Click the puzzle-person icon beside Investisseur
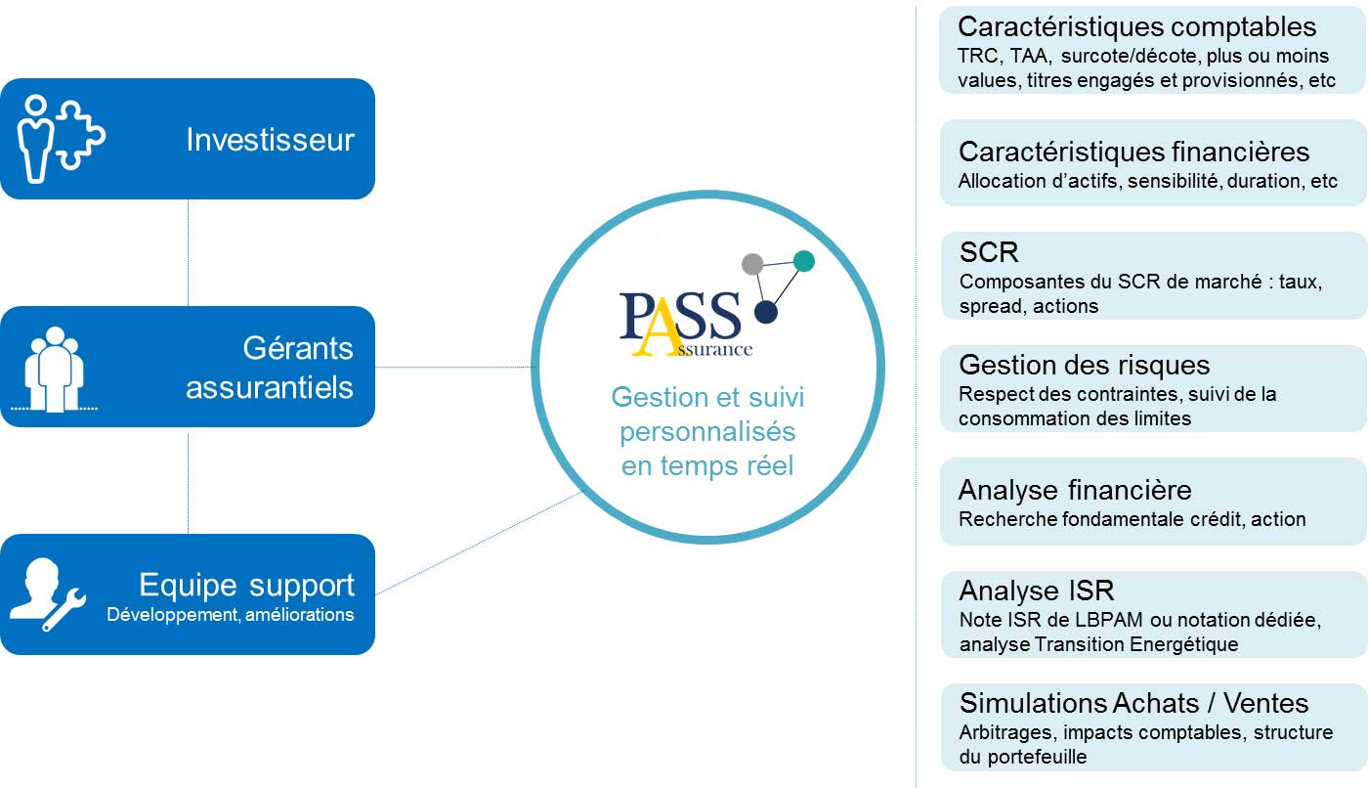(61, 138)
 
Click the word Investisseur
(270, 140)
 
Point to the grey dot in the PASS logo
(752, 263)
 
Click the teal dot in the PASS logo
(803, 260)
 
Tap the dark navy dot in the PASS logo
(766, 312)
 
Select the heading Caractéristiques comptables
(1136, 26)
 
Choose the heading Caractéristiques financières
(1133, 152)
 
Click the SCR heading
(989, 252)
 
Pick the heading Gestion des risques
(1085, 365)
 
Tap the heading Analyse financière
(1075, 489)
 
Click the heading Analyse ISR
(1037, 591)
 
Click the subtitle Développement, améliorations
(230, 615)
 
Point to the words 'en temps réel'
(707, 466)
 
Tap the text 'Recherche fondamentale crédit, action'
(1132, 519)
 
